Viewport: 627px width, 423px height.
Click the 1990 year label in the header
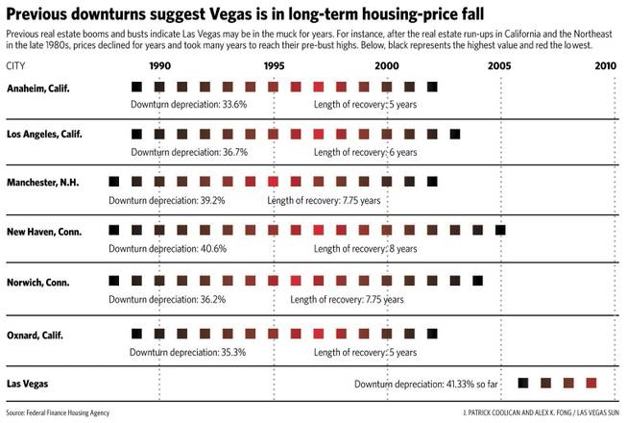160,65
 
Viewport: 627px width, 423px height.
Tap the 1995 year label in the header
274,65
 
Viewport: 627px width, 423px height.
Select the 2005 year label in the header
499,65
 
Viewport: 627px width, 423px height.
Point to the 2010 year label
605,65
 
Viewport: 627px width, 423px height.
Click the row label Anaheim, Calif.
38,87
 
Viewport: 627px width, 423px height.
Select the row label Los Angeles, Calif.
44,135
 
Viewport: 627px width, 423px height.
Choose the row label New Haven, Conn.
44,232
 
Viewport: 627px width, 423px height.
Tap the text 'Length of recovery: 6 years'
365,152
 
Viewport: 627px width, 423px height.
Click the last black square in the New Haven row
499,229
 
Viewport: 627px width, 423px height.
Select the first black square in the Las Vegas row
522,383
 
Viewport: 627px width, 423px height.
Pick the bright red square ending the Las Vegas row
591,383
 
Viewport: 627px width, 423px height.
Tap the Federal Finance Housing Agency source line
58,412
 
